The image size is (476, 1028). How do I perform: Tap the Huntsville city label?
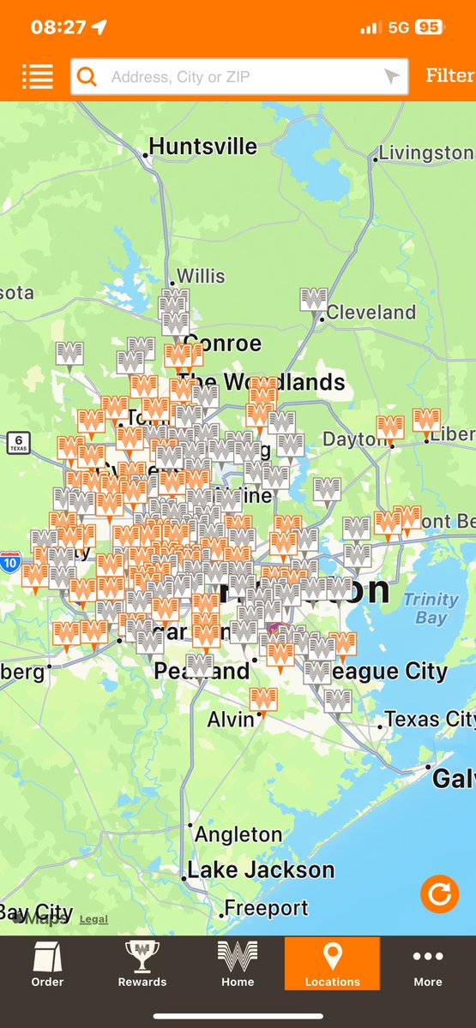pyautogui.click(x=203, y=146)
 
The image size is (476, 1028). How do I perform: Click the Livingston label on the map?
pyautogui.click(x=426, y=152)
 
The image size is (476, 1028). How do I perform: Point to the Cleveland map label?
pyautogui.click(x=371, y=312)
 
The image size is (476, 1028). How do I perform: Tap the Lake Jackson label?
pyautogui.click(x=261, y=870)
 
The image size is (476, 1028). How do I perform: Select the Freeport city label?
pyautogui.click(x=267, y=908)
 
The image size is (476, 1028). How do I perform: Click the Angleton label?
pyautogui.click(x=238, y=834)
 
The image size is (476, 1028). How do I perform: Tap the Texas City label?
pyautogui.click(x=430, y=720)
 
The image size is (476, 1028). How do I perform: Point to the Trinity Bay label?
pyautogui.click(x=431, y=608)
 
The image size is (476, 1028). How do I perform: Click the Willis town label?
pyautogui.click(x=201, y=276)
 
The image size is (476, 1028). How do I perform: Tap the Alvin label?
pyautogui.click(x=231, y=720)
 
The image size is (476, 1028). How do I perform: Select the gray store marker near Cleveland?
pyautogui.click(x=313, y=300)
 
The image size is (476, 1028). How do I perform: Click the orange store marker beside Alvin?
pyautogui.click(x=263, y=699)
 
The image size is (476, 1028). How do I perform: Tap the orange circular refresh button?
pyautogui.click(x=439, y=894)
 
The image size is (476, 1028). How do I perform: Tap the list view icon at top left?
pyautogui.click(x=38, y=76)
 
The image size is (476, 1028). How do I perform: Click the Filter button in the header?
pyautogui.click(x=449, y=75)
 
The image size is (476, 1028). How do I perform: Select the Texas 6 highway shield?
pyautogui.click(x=18, y=443)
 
